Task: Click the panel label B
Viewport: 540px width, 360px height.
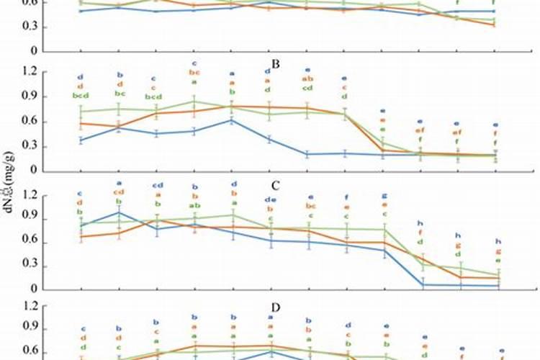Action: tap(276, 63)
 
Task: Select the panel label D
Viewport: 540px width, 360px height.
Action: tap(276, 307)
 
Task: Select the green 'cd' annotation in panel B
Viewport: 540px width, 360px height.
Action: tap(307, 89)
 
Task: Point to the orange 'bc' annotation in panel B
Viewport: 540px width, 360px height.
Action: tap(194, 73)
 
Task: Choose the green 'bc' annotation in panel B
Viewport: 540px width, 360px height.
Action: tap(120, 94)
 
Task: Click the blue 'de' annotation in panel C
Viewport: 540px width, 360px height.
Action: tap(271, 199)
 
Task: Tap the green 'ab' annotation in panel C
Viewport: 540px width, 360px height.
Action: tap(194, 206)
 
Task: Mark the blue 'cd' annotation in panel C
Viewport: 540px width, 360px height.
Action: tap(158, 186)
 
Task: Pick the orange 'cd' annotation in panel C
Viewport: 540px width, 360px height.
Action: tap(120, 192)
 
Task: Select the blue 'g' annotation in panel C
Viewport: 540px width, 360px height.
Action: tap(384, 195)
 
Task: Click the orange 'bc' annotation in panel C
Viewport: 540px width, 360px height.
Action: tap(310, 206)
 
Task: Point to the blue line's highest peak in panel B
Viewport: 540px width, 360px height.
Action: tap(232, 120)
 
